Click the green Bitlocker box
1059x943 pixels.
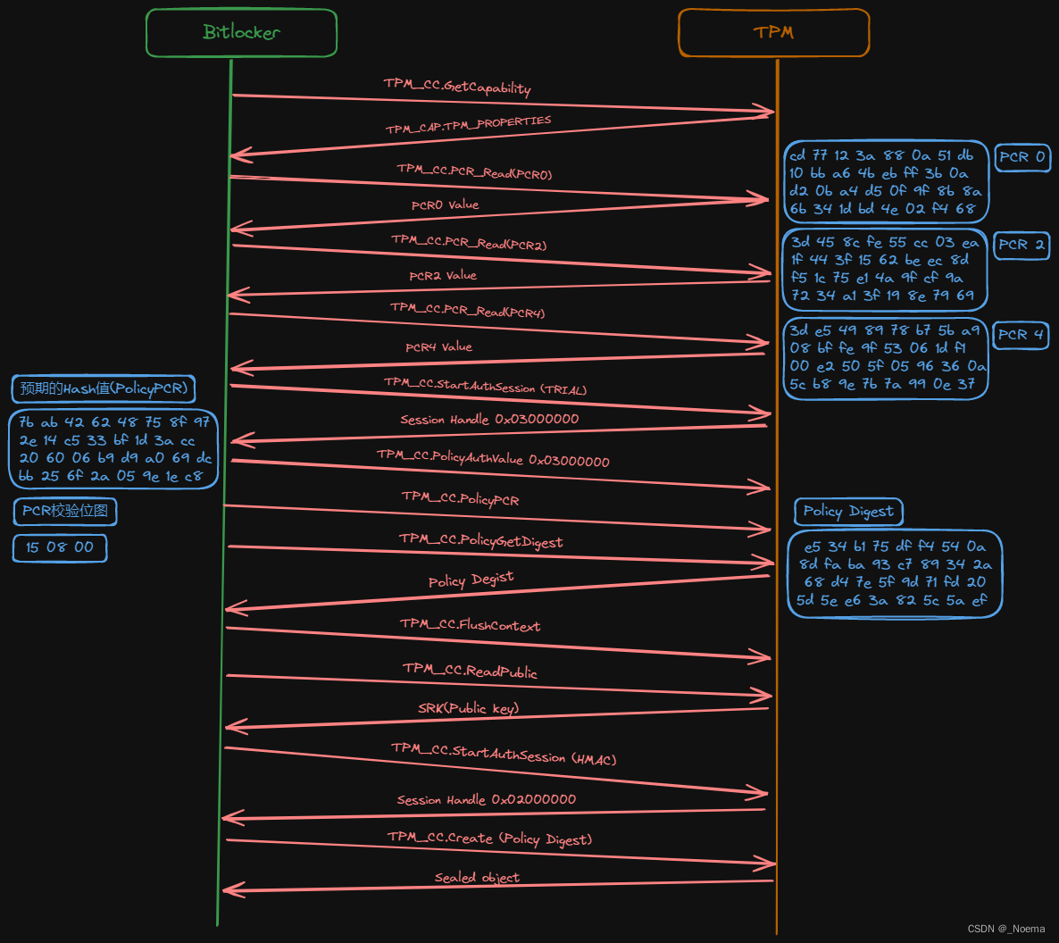[241, 33]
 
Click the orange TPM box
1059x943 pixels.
[773, 33]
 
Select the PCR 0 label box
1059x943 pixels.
[1021, 157]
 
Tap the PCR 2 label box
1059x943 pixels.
[1021, 245]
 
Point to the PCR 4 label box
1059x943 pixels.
[1021, 335]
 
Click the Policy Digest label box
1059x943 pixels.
[848, 512]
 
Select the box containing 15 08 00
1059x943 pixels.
[60, 547]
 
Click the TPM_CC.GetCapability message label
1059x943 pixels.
[457, 87]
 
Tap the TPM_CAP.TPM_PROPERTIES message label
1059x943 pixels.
[468, 124]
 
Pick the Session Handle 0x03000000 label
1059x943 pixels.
[489, 420]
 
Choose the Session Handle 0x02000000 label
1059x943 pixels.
[487, 800]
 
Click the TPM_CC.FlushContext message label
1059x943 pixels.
[470, 625]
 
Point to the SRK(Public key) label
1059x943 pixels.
[469, 708]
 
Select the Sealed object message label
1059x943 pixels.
[477, 878]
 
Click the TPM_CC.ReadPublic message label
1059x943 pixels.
[470, 671]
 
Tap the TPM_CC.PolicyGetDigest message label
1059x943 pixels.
[480, 540]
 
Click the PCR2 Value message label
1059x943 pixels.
[443, 276]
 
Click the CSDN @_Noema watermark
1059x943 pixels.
[1005, 929]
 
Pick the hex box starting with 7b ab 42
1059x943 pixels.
[114, 449]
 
